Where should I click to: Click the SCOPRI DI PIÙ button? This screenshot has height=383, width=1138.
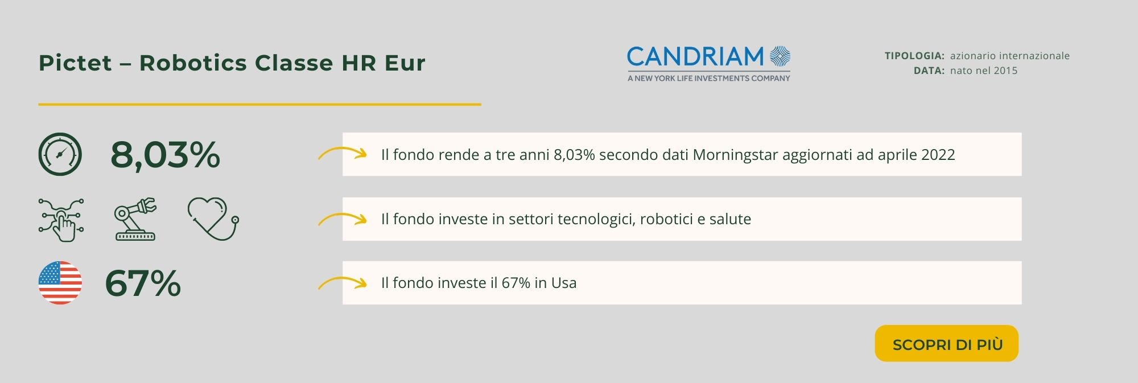(946, 343)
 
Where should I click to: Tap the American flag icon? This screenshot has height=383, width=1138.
(60, 283)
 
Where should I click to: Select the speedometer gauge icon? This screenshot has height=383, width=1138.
(60, 154)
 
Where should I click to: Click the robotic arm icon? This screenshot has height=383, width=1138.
(135, 219)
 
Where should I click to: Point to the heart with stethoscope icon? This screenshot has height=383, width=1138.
(213, 219)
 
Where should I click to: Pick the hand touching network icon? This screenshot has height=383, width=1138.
(61, 220)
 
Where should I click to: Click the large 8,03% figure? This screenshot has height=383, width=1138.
(165, 155)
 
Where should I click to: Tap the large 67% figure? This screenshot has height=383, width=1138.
(143, 283)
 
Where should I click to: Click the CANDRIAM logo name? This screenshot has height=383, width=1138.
(695, 57)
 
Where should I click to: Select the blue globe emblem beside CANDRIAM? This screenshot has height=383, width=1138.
(780, 56)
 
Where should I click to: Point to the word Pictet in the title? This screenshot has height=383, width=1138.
(75, 63)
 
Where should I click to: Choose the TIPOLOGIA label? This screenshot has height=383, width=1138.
(914, 56)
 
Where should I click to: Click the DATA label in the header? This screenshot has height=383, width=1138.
(929, 71)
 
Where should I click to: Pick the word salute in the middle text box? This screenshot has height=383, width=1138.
(729, 219)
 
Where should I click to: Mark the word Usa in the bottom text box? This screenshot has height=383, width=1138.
(564, 283)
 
